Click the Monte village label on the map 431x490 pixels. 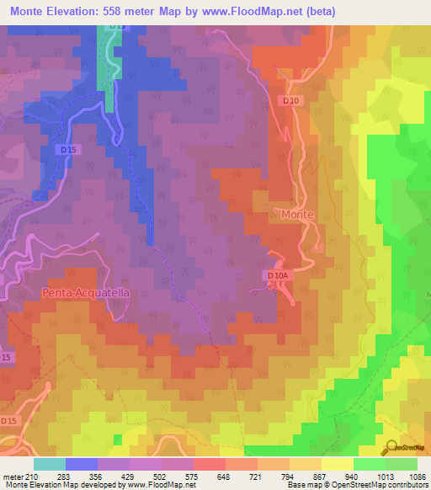[297, 215]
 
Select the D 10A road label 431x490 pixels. [278, 275]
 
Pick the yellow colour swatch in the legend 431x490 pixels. [337, 464]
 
